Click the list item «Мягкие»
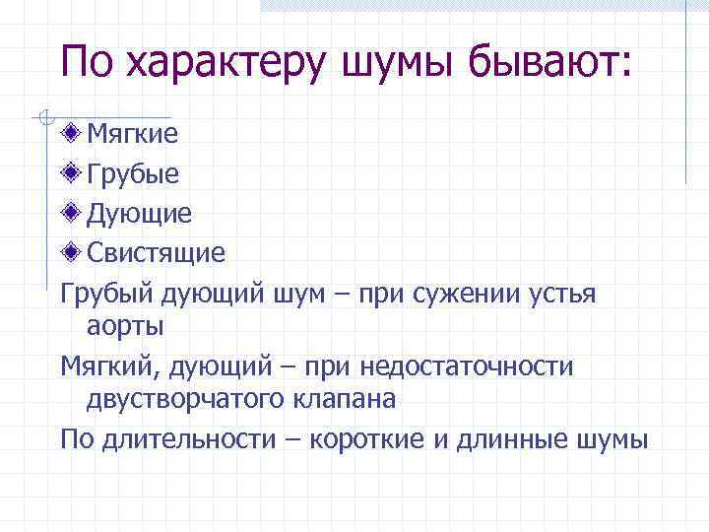coord(133,134)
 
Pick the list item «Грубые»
coord(133,174)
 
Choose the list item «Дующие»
coord(139,213)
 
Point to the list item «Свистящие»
coord(156,252)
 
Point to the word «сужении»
coord(466,294)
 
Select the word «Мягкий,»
coord(109,366)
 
